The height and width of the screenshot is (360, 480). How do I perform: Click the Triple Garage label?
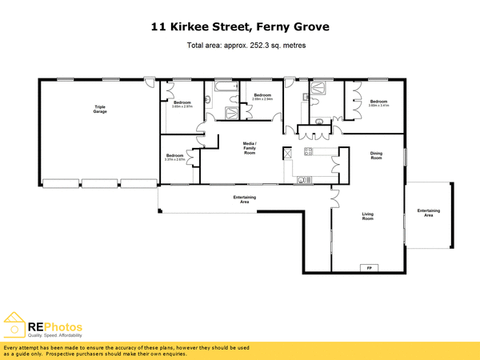[x=100, y=109]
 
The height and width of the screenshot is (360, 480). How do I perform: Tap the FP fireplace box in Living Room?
[x=370, y=267]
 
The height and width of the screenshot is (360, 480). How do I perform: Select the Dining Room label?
[x=376, y=156]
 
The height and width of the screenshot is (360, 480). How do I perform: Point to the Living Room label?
[x=368, y=216]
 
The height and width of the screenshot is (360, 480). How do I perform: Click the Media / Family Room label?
[x=250, y=148]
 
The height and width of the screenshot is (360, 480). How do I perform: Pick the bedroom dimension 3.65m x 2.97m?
[x=182, y=106]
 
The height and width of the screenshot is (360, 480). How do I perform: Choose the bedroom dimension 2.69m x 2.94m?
[x=262, y=99]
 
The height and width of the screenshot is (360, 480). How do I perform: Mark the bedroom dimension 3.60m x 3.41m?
[x=378, y=105]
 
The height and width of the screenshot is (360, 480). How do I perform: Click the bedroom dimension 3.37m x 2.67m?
[x=174, y=159]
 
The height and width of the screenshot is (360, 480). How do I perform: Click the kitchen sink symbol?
[x=302, y=179]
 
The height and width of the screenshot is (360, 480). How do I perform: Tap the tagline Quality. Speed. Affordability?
[x=54, y=335]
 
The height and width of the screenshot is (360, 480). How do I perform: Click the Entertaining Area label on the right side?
[x=429, y=213]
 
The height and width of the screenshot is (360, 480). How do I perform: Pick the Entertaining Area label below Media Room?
[x=245, y=199]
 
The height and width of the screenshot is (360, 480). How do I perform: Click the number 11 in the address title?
[x=159, y=27]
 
